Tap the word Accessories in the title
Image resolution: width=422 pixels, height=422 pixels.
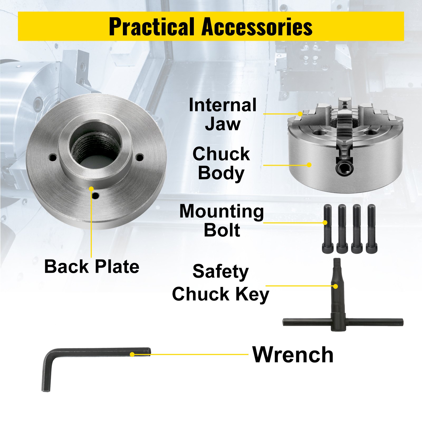coord(257,26)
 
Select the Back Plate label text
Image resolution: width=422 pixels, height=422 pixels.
coord(92,266)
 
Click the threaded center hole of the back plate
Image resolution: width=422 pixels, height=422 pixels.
coord(95,148)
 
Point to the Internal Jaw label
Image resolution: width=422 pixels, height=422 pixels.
coord(223,114)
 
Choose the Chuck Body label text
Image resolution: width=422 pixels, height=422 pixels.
coord(221,163)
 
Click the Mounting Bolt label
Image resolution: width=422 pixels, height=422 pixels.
coord(222,220)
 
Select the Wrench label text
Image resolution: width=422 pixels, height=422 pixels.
coord(293,355)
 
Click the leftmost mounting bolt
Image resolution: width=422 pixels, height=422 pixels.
coord(327,229)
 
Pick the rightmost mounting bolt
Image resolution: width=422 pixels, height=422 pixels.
coord(371,229)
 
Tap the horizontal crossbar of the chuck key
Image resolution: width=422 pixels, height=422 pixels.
coord(343,322)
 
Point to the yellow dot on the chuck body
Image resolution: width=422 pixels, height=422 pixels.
coord(309,165)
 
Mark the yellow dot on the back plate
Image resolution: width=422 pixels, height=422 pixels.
coord(91,189)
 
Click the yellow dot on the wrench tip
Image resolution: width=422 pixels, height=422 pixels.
coord(132,354)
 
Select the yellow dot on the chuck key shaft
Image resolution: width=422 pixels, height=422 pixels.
coord(335,286)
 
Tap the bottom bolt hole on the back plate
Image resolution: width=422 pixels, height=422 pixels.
coord(95,196)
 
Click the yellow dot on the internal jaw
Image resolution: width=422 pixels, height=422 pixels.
coord(300,114)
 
